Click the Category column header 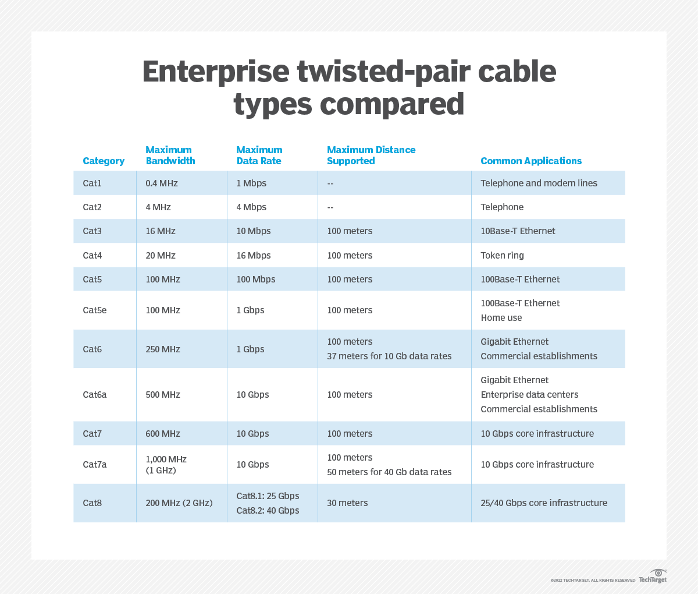tap(104, 161)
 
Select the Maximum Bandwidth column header tap(170, 155)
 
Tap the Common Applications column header tap(530, 161)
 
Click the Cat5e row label tap(95, 310)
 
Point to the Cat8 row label tap(92, 503)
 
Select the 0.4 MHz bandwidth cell tap(162, 183)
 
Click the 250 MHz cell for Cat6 tap(163, 349)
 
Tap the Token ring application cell tap(502, 255)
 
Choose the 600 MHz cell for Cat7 tap(163, 433)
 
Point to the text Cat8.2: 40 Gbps tap(268, 510)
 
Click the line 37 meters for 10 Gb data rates tap(389, 356)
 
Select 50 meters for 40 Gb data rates tap(389, 472)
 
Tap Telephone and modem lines tap(539, 183)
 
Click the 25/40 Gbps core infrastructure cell tap(543, 503)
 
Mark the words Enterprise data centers tap(529, 394)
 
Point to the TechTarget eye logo tap(658, 572)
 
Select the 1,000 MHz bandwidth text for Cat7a tap(166, 459)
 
